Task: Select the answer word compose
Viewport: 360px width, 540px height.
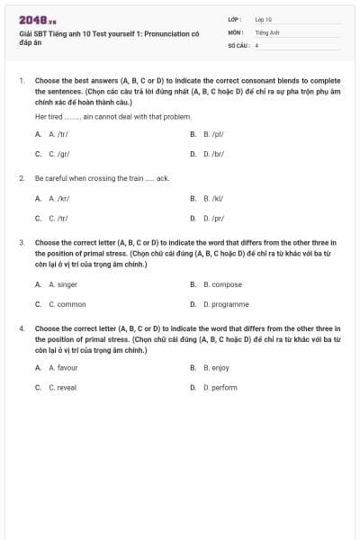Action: (221, 284)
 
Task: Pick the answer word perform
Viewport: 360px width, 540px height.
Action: (220, 387)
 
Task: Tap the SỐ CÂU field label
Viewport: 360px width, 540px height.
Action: (238, 44)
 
